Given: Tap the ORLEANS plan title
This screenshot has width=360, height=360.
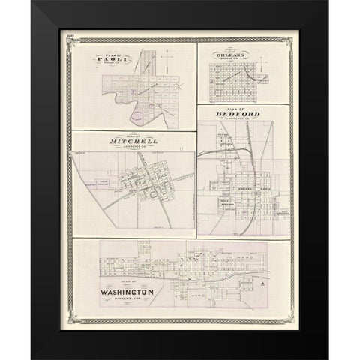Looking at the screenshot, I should pyautogui.click(x=231, y=54).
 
